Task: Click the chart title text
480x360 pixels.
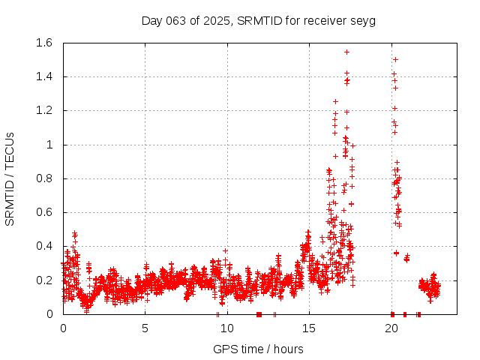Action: pyautogui.click(x=258, y=20)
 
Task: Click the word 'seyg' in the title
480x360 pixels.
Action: pyautogui.click(x=364, y=20)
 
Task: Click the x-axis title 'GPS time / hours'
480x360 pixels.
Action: pyautogui.click(x=258, y=349)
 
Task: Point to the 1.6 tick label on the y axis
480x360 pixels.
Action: pyautogui.click(x=42, y=43)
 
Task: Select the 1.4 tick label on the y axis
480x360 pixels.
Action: pyautogui.click(x=42, y=76)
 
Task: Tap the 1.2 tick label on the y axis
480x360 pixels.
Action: pyautogui.click(x=42, y=110)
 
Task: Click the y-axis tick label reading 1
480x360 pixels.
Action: pyautogui.click(x=50, y=145)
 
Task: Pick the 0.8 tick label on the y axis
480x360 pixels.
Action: pyautogui.click(x=42, y=178)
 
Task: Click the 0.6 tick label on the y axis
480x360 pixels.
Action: pyautogui.click(x=42, y=212)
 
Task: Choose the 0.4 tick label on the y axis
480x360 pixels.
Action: pyautogui.click(x=42, y=246)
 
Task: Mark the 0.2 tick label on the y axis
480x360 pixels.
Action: pyautogui.click(x=42, y=280)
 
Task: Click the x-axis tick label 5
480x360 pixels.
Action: pyautogui.click(x=145, y=328)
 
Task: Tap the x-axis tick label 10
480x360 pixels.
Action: pyautogui.click(x=226, y=328)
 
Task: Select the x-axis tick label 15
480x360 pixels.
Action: pyautogui.click(x=309, y=328)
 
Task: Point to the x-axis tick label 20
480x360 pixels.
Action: pyautogui.click(x=391, y=328)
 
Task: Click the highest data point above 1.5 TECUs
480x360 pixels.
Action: pyautogui.click(x=346, y=52)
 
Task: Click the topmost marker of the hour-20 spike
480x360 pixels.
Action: pyautogui.click(x=395, y=59)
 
